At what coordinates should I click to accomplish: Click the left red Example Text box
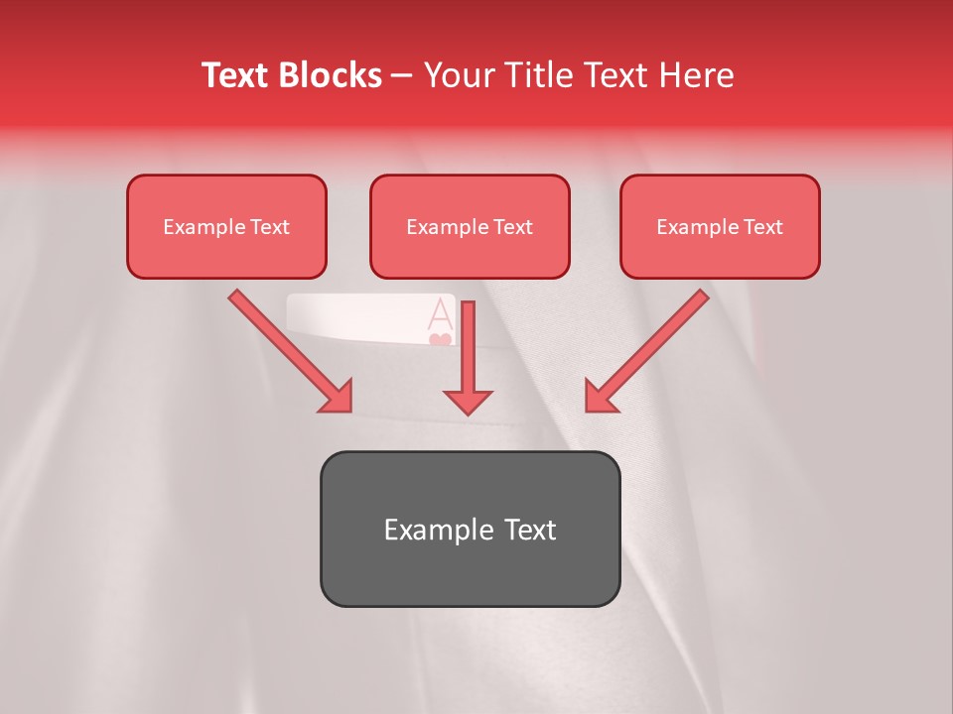pyautogui.click(x=226, y=226)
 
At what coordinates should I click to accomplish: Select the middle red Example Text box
pyautogui.click(x=470, y=226)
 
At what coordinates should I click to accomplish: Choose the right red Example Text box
pyautogui.click(x=720, y=226)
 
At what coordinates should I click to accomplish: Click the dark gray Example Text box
pyautogui.click(x=470, y=529)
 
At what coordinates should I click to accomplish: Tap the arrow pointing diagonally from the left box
pyautogui.click(x=293, y=352)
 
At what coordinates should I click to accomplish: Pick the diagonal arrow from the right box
pyautogui.click(x=645, y=352)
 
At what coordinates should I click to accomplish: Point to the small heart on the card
pyautogui.click(x=440, y=340)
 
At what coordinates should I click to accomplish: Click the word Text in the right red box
pyautogui.click(x=762, y=227)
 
